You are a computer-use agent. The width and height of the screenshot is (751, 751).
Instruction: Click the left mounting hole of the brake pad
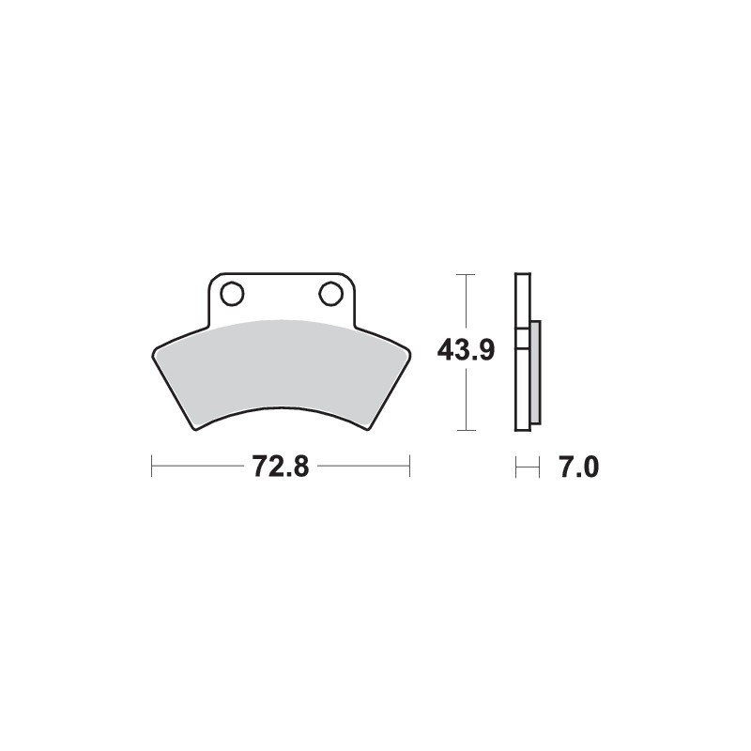click(233, 294)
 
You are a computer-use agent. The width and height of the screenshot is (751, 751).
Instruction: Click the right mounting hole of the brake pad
click(330, 294)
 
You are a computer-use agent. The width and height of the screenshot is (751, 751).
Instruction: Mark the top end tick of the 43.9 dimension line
click(465, 274)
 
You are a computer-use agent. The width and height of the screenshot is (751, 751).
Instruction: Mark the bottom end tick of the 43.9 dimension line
click(465, 431)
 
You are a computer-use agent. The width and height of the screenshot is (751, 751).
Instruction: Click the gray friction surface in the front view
click(280, 366)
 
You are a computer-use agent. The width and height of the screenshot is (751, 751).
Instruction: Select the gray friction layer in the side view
click(535, 372)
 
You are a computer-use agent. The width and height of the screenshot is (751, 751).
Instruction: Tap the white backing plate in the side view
click(522, 375)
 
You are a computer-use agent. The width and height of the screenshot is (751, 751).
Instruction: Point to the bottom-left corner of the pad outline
click(196, 428)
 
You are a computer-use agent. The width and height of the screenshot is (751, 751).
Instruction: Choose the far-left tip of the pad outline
click(153, 354)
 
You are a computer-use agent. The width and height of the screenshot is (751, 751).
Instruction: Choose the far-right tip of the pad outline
click(408, 354)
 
